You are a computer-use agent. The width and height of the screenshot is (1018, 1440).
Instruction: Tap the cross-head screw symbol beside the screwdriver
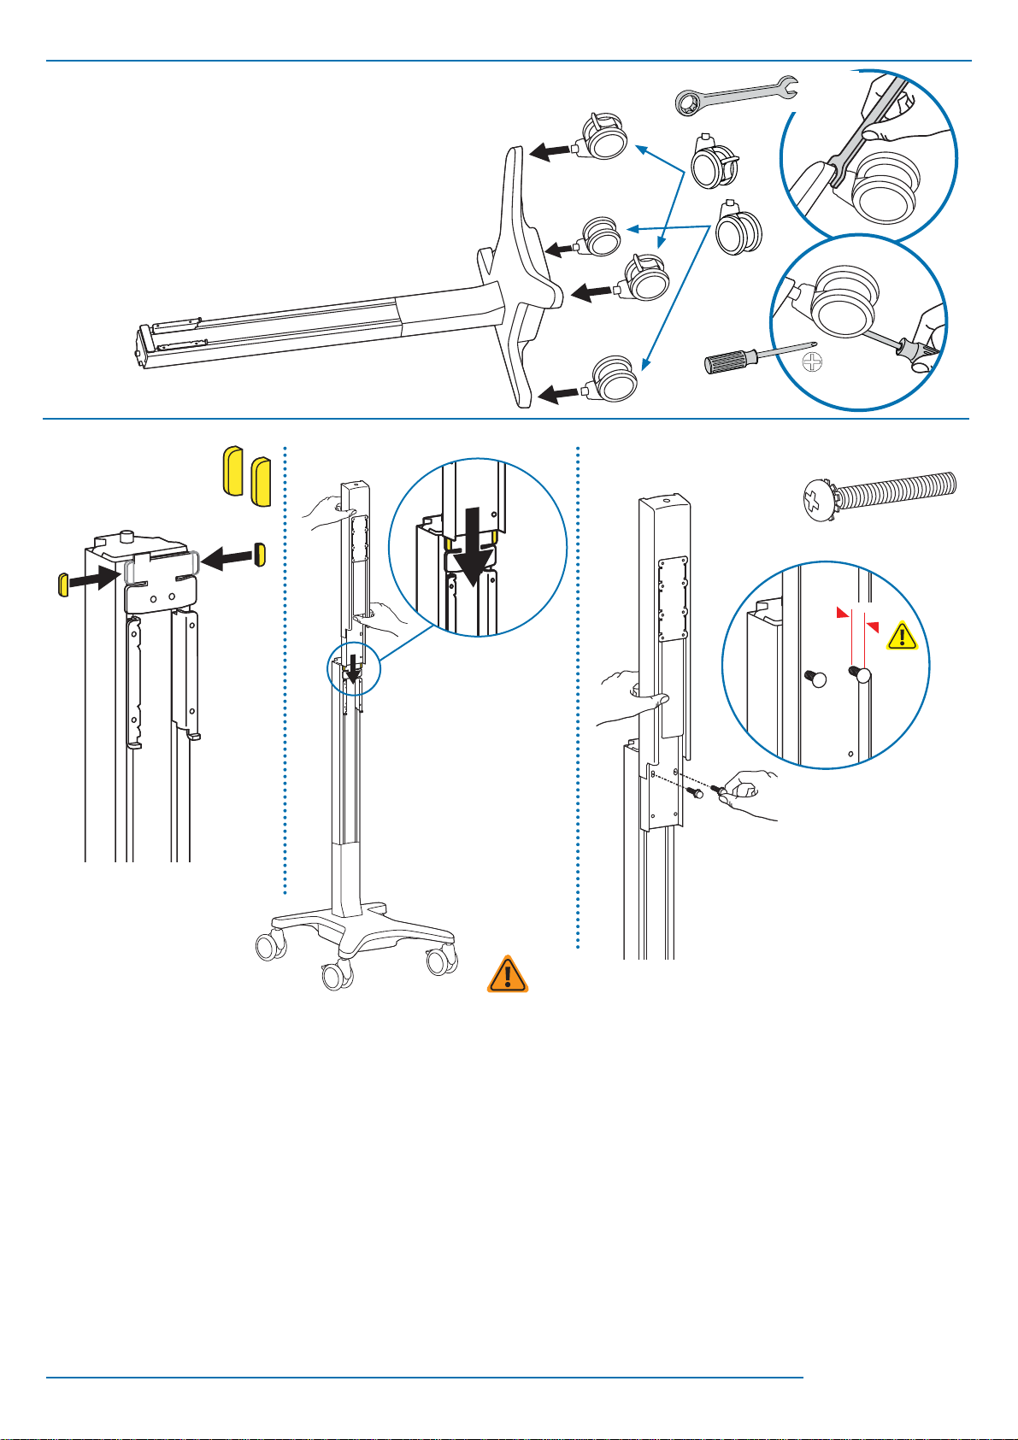(x=813, y=362)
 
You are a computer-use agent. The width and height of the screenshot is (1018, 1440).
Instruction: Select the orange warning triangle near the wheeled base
(x=508, y=975)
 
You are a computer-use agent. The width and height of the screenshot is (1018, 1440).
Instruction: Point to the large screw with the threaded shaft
(x=880, y=493)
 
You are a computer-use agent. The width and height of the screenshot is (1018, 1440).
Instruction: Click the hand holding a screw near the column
(x=747, y=786)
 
